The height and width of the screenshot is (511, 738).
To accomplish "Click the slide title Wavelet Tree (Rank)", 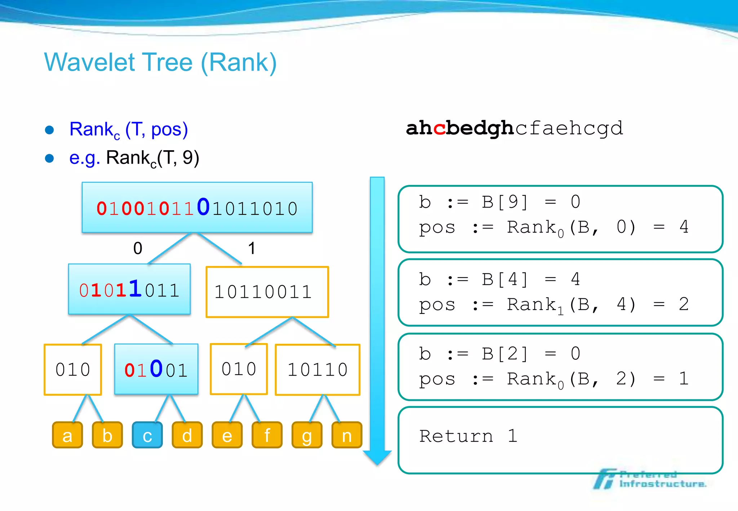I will [160, 62].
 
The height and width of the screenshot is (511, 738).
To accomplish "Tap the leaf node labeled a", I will [67, 435].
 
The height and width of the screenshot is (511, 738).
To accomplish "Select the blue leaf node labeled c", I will [147, 435].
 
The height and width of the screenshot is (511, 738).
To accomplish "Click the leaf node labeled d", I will [187, 435].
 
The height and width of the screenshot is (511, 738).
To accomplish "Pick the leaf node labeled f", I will [267, 435].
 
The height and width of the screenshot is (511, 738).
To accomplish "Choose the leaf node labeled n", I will [347, 435].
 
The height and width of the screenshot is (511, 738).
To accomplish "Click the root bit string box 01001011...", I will [197, 208].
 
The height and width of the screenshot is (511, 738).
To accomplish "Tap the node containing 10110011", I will [267, 292].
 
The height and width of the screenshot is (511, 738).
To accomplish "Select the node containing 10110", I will [317, 370].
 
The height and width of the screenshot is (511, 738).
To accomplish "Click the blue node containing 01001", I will [156, 369].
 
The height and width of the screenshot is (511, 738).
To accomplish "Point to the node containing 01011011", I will [129, 289].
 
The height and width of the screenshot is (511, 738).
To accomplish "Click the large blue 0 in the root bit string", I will [203, 207].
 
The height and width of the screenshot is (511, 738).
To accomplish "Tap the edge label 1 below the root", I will [252, 248].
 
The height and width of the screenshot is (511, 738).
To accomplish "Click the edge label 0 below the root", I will [138, 248].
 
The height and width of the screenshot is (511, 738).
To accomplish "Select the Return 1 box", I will [560, 440].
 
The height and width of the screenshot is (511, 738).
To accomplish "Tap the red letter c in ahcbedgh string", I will [439, 128].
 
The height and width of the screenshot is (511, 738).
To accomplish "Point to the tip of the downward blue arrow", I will [377, 464].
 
